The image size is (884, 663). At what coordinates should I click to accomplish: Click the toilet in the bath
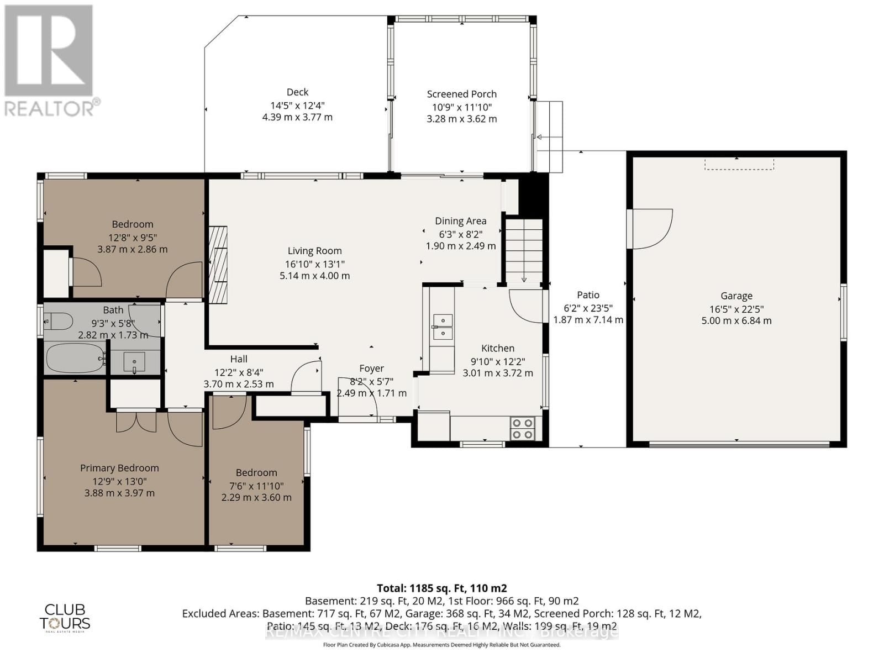coord(59,320)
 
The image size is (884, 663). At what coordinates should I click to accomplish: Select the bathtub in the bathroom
coord(75,357)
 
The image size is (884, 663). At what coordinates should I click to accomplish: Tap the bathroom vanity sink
coord(134,362)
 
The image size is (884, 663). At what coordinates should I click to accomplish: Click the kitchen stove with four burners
coord(522,429)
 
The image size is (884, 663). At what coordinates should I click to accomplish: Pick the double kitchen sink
coord(443,327)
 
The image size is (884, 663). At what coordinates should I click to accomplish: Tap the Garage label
coord(736,296)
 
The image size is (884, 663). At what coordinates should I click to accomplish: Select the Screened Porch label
coord(461,94)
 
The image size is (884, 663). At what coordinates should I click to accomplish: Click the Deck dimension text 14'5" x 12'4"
coord(297,105)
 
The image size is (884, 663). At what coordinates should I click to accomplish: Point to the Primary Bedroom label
coord(119,467)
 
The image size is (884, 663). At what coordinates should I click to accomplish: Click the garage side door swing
coord(652,228)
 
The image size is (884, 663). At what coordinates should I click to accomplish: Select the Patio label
coord(588,294)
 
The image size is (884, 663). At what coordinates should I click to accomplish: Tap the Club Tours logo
coord(65,617)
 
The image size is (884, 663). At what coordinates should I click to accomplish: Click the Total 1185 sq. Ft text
coord(441,588)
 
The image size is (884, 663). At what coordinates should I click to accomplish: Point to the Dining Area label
coord(460,220)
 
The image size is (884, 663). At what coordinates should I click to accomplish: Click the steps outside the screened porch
coord(549,136)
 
